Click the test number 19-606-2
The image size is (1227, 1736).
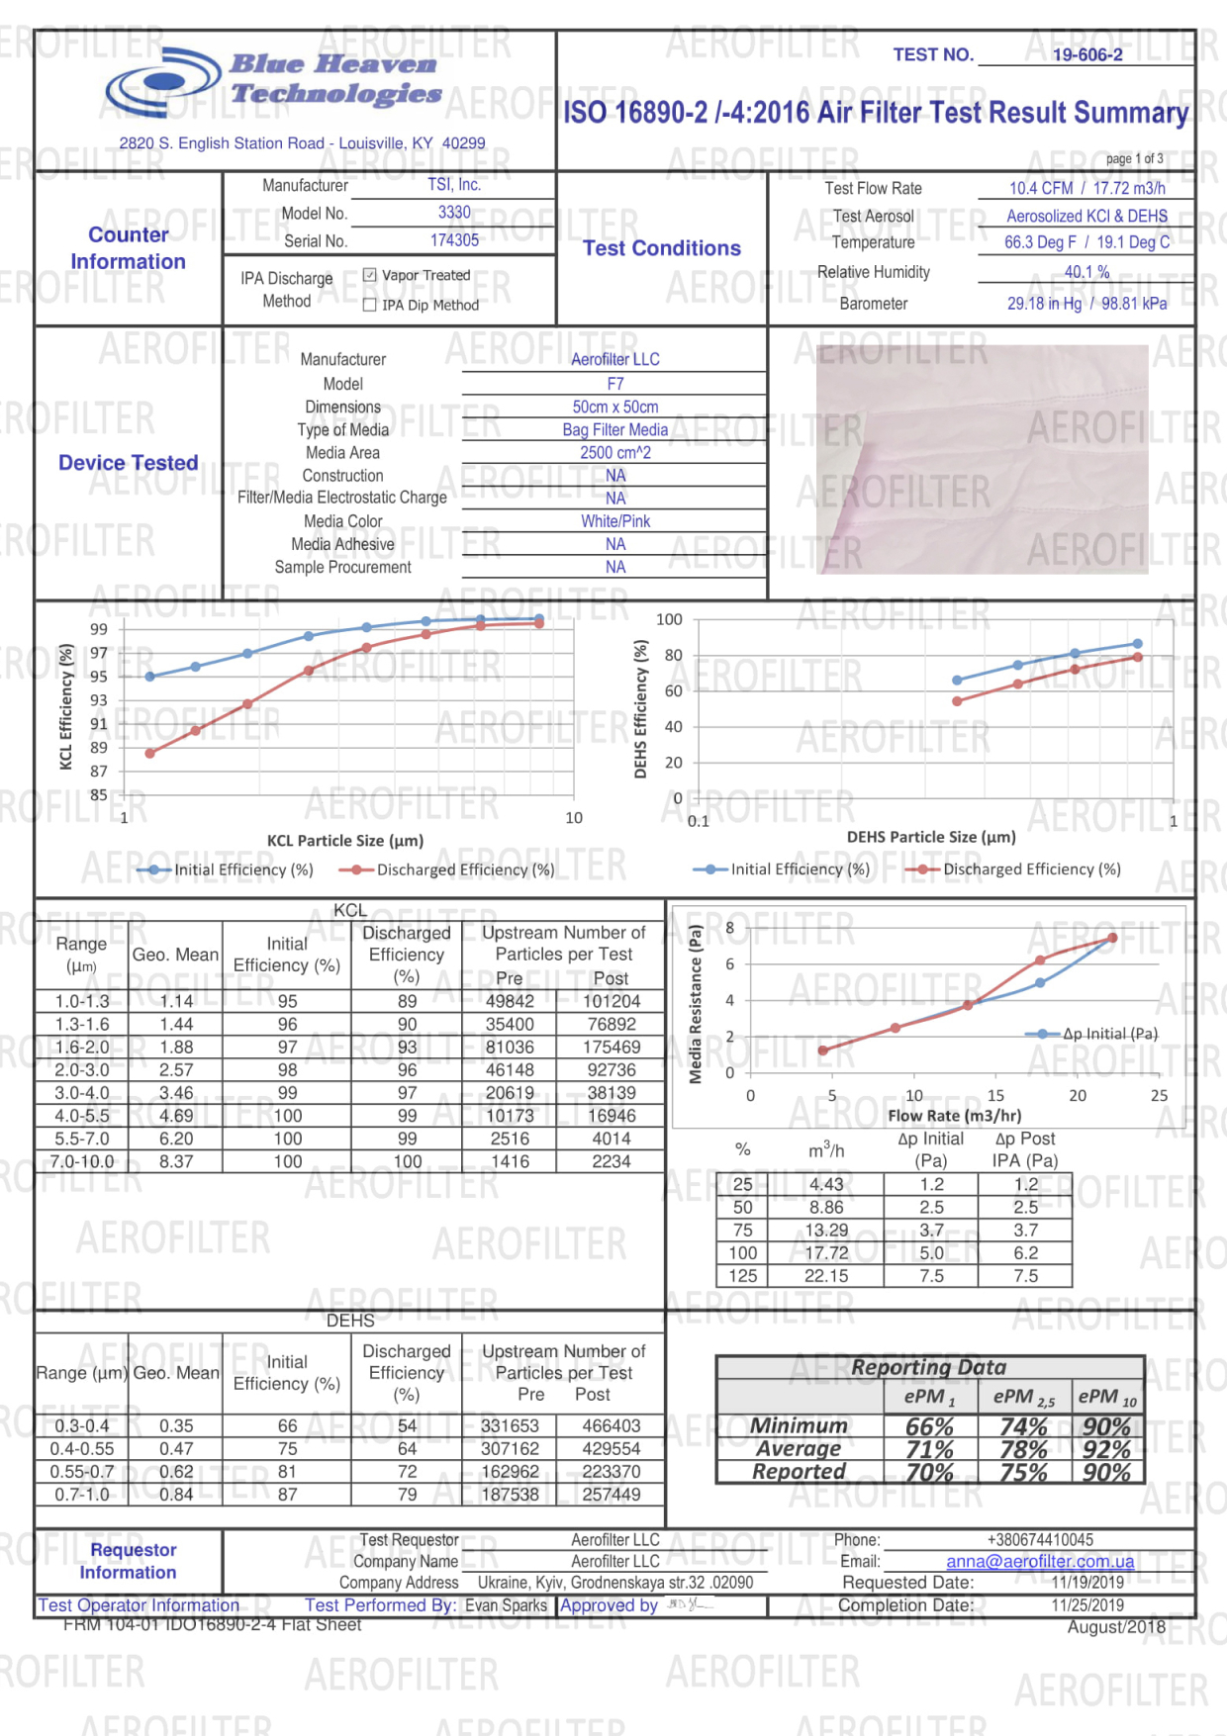click(x=1086, y=55)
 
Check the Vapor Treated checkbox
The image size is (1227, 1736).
click(x=370, y=275)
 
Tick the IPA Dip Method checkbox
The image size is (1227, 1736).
click(x=370, y=305)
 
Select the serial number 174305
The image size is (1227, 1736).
click(x=454, y=240)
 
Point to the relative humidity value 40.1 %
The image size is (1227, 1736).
click(x=1086, y=272)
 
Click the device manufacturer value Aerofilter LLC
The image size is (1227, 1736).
click(x=614, y=359)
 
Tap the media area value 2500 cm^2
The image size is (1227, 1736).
click(x=614, y=452)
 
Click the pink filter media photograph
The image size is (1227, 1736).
click(x=983, y=460)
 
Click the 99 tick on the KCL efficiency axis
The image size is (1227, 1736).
click(x=99, y=629)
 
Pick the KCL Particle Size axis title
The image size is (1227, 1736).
click(x=345, y=841)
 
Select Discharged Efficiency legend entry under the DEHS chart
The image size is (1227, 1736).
click(x=1019, y=869)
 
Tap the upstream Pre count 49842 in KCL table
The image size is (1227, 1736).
click(x=510, y=1001)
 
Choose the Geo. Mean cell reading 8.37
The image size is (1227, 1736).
click(x=176, y=1161)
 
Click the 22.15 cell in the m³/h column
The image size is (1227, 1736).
click(x=826, y=1276)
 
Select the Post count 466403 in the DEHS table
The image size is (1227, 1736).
click(x=611, y=1425)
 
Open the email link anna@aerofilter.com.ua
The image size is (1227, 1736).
click(x=1040, y=1561)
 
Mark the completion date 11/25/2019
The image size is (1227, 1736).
click(x=1086, y=1605)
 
